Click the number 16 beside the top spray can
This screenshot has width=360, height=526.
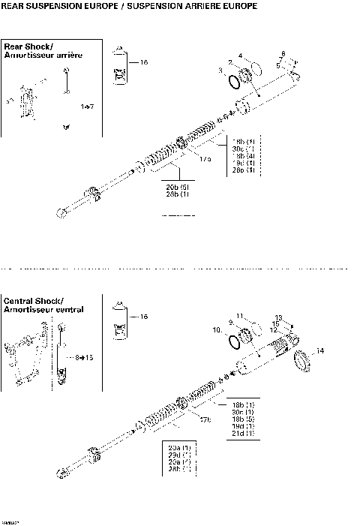click(x=144, y=62)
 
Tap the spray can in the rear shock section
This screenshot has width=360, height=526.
click(x=119, y=67)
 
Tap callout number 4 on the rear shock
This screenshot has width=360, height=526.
click(x=240, y=56)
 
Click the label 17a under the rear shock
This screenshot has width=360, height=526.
click(x=205, y=159)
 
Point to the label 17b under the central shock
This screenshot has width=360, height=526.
click(x=204, y=418)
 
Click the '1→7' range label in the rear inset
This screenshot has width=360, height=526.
click(x=87, y=107)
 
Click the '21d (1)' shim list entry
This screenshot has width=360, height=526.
click(x=244, y=433)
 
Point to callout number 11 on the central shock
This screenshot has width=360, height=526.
click(x=240, y=314)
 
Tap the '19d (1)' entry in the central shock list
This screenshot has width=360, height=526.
click(x=244, y=425)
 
